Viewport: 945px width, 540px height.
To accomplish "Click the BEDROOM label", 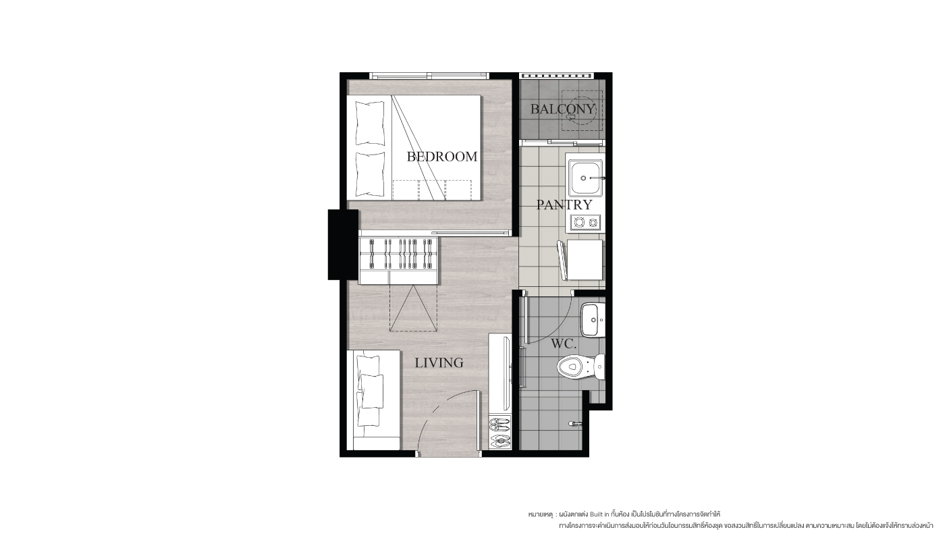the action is point(441,157).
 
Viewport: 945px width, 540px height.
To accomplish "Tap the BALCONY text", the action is point(562,109).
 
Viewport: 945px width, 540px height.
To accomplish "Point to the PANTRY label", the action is point(564,205).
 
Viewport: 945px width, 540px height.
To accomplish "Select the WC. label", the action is point(564,344).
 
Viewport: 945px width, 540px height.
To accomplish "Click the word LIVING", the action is point(439,363).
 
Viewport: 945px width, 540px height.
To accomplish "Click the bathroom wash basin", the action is point(593,320).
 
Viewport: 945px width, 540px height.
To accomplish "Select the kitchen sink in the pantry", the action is point(585,178).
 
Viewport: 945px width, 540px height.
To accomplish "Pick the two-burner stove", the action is point(585,222).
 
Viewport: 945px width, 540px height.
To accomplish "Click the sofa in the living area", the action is point(373,400).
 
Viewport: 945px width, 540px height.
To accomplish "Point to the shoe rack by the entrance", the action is point(500,432).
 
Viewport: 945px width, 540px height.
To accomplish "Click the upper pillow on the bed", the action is point(370,123).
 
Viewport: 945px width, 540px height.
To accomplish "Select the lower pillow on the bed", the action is point(370,174).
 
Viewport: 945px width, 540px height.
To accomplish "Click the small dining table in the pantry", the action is point(585,259).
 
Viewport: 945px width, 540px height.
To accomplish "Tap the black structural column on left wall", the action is point(343,244).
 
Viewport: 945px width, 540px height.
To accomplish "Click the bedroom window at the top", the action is point(429,76).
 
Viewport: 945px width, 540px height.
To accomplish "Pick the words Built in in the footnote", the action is point(599,514).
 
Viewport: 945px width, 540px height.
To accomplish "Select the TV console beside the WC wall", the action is point(500,374).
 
